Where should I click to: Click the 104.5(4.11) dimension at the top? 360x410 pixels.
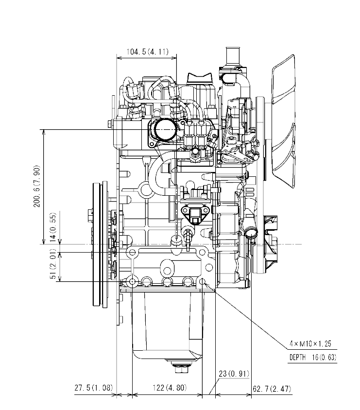147,52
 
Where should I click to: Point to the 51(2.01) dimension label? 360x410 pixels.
53,265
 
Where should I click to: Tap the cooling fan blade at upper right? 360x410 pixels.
286,121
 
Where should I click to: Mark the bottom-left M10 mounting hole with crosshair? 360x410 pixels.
131,282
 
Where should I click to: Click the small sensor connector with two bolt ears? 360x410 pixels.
195,212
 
